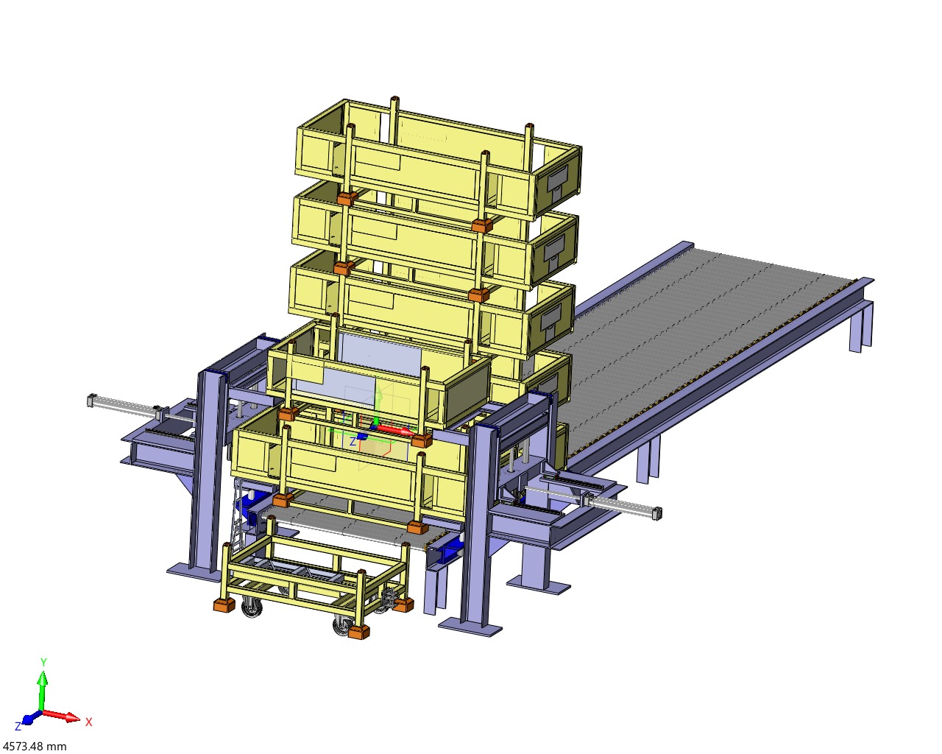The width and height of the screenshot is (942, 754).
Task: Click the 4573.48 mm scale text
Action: (x=35, y=746)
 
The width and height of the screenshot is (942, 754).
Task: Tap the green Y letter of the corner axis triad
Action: (x=43, y=662)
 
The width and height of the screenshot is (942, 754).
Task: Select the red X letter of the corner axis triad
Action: (x=89, y=722)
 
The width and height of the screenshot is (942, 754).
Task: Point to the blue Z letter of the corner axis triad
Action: (x=18, y=727)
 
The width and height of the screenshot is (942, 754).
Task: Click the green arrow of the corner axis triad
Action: (x=43, y=691)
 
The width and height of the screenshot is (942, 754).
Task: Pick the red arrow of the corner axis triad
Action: (x=61, y=716)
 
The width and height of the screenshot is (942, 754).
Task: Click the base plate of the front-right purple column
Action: (x=470, y=627)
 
